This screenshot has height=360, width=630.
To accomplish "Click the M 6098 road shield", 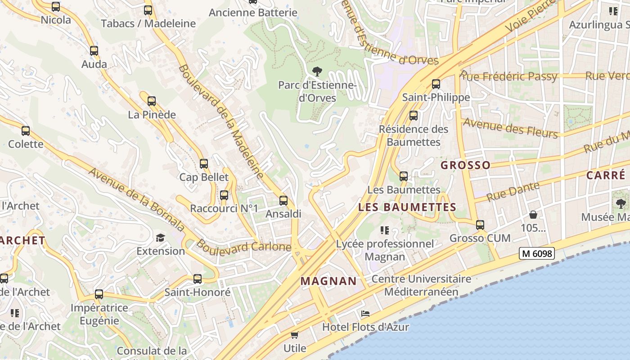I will [x=536, y=254].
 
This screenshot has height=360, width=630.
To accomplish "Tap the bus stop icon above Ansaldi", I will [x=283, y=200].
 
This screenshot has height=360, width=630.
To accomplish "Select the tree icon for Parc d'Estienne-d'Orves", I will [x=317, y=71].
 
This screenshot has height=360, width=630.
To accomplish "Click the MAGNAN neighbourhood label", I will [x=328, y=281].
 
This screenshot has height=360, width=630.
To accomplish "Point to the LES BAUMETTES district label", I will [x=407, y=207].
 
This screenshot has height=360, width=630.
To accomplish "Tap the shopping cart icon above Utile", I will [x=295, y=335].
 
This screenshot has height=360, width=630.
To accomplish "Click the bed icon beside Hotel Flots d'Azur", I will [x=365, y=313].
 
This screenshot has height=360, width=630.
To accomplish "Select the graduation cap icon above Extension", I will [x=161, y=238].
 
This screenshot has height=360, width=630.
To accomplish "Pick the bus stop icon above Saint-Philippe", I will [x=436, y=84].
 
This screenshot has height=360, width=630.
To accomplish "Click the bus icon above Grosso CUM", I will [x=480, y=225].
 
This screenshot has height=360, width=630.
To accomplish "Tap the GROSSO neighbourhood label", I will [x=465, y=165].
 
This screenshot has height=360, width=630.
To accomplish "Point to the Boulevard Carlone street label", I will [x=243, y=247].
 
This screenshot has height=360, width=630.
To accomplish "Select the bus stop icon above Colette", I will [x=26, y=131].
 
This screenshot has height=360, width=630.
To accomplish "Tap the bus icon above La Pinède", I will [x=152, y=101].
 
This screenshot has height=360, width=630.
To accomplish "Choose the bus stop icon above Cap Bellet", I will [x=204, y=164].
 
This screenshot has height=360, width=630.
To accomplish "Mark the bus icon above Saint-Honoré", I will [x=197, y=279].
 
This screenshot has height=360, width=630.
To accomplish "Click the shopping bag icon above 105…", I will [x=533, y=215].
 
